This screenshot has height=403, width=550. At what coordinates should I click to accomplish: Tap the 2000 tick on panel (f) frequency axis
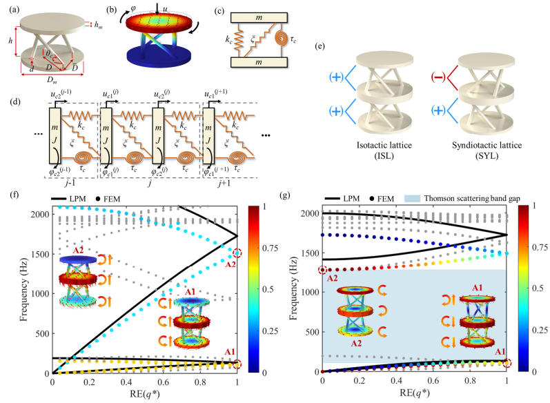(x=39, y=214)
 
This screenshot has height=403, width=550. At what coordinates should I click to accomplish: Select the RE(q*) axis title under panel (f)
(x=146, y=394)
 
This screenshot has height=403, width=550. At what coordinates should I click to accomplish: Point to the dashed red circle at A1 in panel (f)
(x=237, y=364)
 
